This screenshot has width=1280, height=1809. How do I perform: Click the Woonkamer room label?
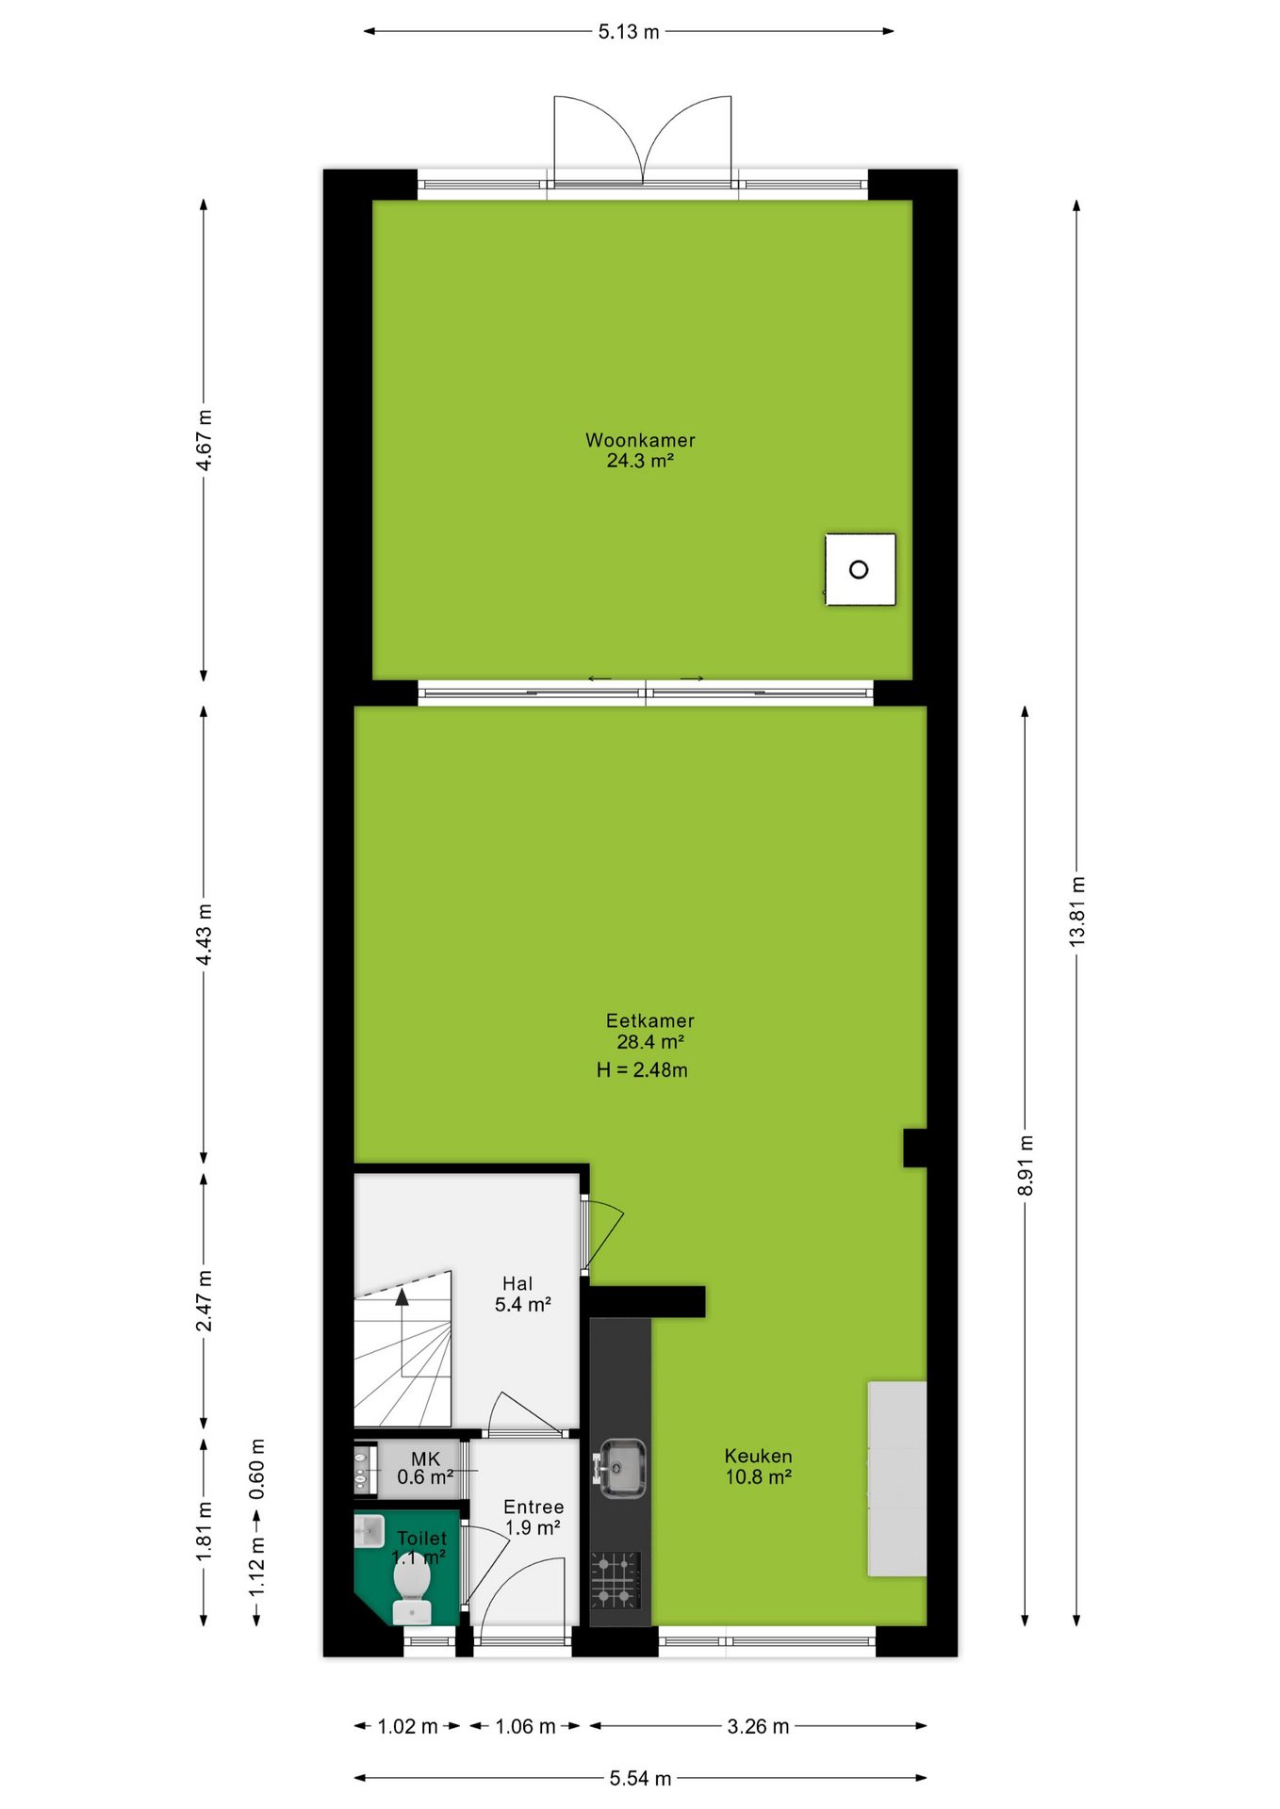point(640,440)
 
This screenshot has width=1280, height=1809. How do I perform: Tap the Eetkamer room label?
point(649,1020)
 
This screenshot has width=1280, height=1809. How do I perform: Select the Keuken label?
point(758,1456)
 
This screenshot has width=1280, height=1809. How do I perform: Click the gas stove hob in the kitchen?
point(615,1580)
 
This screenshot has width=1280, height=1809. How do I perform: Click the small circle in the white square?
point(859,569)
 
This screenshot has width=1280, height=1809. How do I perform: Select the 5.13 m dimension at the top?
point(629,32)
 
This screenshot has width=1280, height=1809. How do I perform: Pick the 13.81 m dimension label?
point(1077,911)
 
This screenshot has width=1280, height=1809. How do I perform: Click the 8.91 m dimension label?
point(1026,1165)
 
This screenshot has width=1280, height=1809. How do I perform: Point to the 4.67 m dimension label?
point(205,439)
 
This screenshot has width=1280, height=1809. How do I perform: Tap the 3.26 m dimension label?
point(758,1726)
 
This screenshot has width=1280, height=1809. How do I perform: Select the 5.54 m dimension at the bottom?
point(640,1778)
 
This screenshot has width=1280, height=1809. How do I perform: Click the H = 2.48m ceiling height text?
point(642,1069)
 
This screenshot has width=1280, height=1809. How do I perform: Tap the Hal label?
point(517,1283)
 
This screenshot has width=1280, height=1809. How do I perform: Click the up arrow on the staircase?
point(402,1296)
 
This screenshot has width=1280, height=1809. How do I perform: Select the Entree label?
point(533,1507)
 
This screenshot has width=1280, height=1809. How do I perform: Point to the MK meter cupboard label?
point(426,1459)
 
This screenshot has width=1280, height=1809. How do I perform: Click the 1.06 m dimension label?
point(526,1726)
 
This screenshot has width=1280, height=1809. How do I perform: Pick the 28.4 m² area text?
point(650,1042)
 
